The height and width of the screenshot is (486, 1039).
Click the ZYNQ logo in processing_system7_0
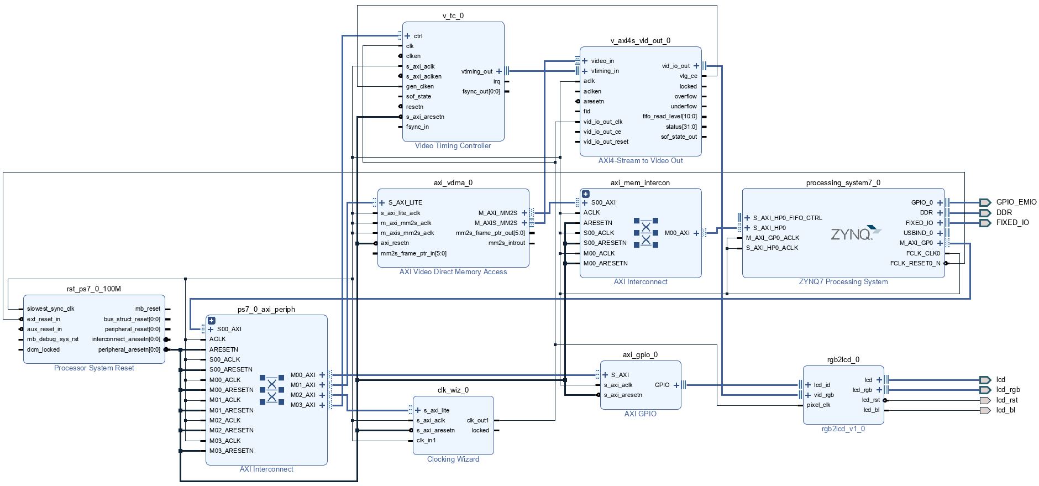coord(854,233)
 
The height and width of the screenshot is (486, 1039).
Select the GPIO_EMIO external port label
coord(1016,202)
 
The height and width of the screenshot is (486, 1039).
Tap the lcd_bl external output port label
coord(1005,410)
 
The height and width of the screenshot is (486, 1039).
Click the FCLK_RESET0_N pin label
coord(915,264)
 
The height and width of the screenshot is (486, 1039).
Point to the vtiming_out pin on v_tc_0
coord(476,71)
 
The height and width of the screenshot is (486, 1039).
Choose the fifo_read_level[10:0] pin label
coord(669,117)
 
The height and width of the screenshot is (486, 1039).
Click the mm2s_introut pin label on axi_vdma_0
coord(506,243)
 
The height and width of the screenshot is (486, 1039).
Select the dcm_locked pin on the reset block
coord(43,350)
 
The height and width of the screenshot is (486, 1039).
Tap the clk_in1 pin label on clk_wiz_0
coord(426,441)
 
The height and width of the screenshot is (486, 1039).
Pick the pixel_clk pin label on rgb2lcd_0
coord(818,405)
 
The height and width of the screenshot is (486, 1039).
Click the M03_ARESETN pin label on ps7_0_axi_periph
coord(231,451)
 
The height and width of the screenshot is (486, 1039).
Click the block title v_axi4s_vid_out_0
coord(640,41)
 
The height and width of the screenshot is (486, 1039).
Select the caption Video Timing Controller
coord(453,146)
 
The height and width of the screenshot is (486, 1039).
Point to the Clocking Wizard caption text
coord(453,459)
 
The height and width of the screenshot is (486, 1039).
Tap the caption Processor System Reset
coord(94,368)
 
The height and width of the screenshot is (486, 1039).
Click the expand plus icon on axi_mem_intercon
coord(585,194)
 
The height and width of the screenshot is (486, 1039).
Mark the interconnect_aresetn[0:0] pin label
coord(126,339)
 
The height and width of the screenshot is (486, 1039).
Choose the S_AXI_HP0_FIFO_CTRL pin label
coord(787,218)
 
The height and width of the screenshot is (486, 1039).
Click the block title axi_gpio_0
coord(640,355)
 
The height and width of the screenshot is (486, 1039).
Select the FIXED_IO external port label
coord(1012,223)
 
